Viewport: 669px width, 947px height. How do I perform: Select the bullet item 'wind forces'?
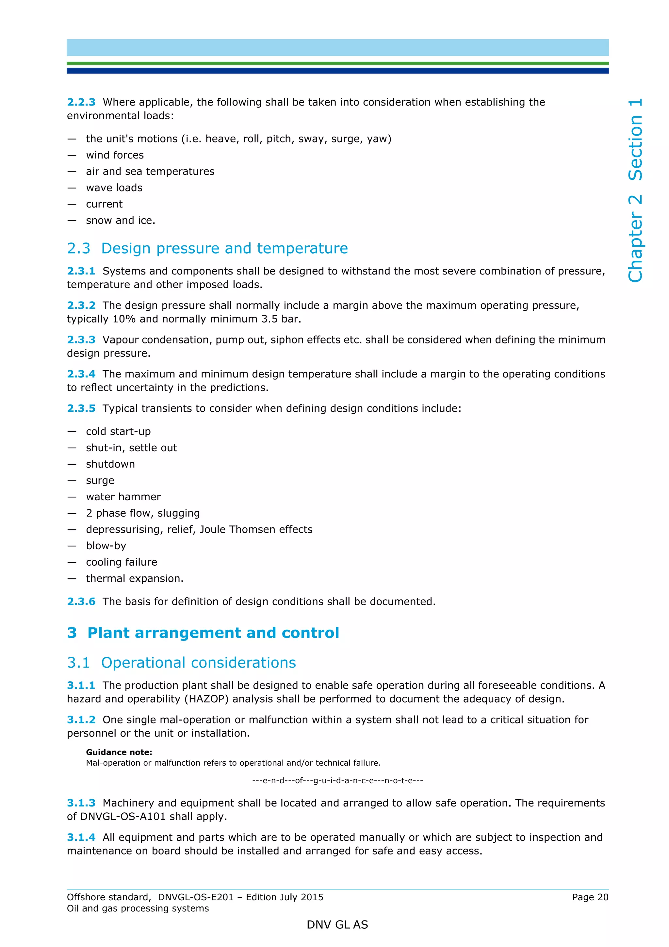[115, 155]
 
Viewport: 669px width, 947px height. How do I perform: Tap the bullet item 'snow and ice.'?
[120, 220]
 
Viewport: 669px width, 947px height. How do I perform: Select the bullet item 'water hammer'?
[123, 497]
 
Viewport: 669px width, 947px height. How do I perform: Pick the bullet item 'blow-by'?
[106, 546]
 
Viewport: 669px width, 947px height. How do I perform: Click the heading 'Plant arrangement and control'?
[213, 633]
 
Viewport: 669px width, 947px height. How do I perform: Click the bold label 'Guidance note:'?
[119, 752]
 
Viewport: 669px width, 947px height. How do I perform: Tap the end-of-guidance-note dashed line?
[337, 780]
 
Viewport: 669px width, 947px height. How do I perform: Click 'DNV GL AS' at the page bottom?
[337, 925]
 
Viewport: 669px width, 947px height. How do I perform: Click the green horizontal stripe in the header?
[337, 63]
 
